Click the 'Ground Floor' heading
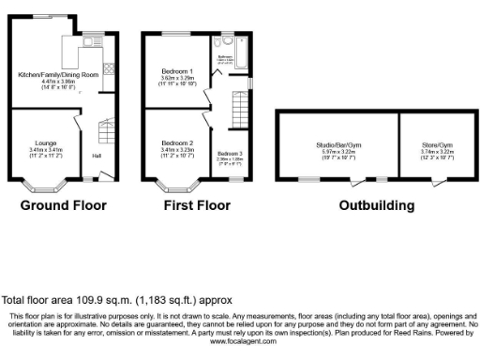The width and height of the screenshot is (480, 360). click(63, 205)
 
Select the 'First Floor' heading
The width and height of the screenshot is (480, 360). click(198, 205)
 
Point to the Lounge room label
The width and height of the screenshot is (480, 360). click(45, 142)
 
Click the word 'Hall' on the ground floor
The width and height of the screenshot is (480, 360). click(96, 155)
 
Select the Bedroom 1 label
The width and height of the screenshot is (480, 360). click(176, 71)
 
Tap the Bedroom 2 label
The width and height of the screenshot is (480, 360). click(176, 142)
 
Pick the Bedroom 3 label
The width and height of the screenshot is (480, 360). click(230, 153)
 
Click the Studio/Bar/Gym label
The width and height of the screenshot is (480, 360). click(336, 143)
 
